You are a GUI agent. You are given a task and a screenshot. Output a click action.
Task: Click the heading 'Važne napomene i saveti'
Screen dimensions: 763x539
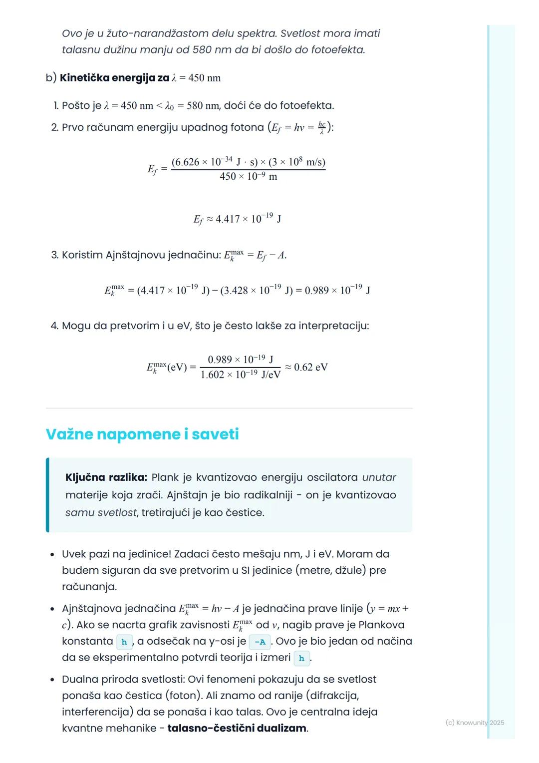click(142, 434)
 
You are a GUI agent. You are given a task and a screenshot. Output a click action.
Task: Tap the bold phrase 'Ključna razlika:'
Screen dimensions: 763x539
click(106, 477)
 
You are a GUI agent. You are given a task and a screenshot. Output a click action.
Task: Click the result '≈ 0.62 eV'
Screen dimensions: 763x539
click(306, 368)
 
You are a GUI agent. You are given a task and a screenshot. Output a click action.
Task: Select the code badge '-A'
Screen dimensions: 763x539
click(260, 642)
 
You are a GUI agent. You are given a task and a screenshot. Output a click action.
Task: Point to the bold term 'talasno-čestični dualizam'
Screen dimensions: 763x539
click(237, 728)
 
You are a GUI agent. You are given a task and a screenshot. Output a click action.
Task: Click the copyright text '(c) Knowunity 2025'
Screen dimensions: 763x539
click(475, 723)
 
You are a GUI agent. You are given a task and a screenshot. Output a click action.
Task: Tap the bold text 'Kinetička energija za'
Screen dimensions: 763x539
click(114, 78)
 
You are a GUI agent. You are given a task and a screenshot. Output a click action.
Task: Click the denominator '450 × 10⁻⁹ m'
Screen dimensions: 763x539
click(248, 176)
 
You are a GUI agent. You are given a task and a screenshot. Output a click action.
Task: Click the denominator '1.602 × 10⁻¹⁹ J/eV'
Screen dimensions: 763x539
click(241, 375)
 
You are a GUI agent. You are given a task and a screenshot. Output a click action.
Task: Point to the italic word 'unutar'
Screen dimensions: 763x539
click(379, 477)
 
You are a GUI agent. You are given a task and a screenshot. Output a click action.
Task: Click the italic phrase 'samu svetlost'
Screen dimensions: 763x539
click(101, 512)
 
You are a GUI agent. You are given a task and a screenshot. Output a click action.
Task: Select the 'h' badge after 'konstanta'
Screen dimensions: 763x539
click(124, 642)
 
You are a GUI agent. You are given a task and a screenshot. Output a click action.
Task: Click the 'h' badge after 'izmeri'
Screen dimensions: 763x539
click(301, 658)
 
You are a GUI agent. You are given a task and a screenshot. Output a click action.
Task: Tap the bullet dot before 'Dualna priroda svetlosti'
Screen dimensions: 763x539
click(52, 680)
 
